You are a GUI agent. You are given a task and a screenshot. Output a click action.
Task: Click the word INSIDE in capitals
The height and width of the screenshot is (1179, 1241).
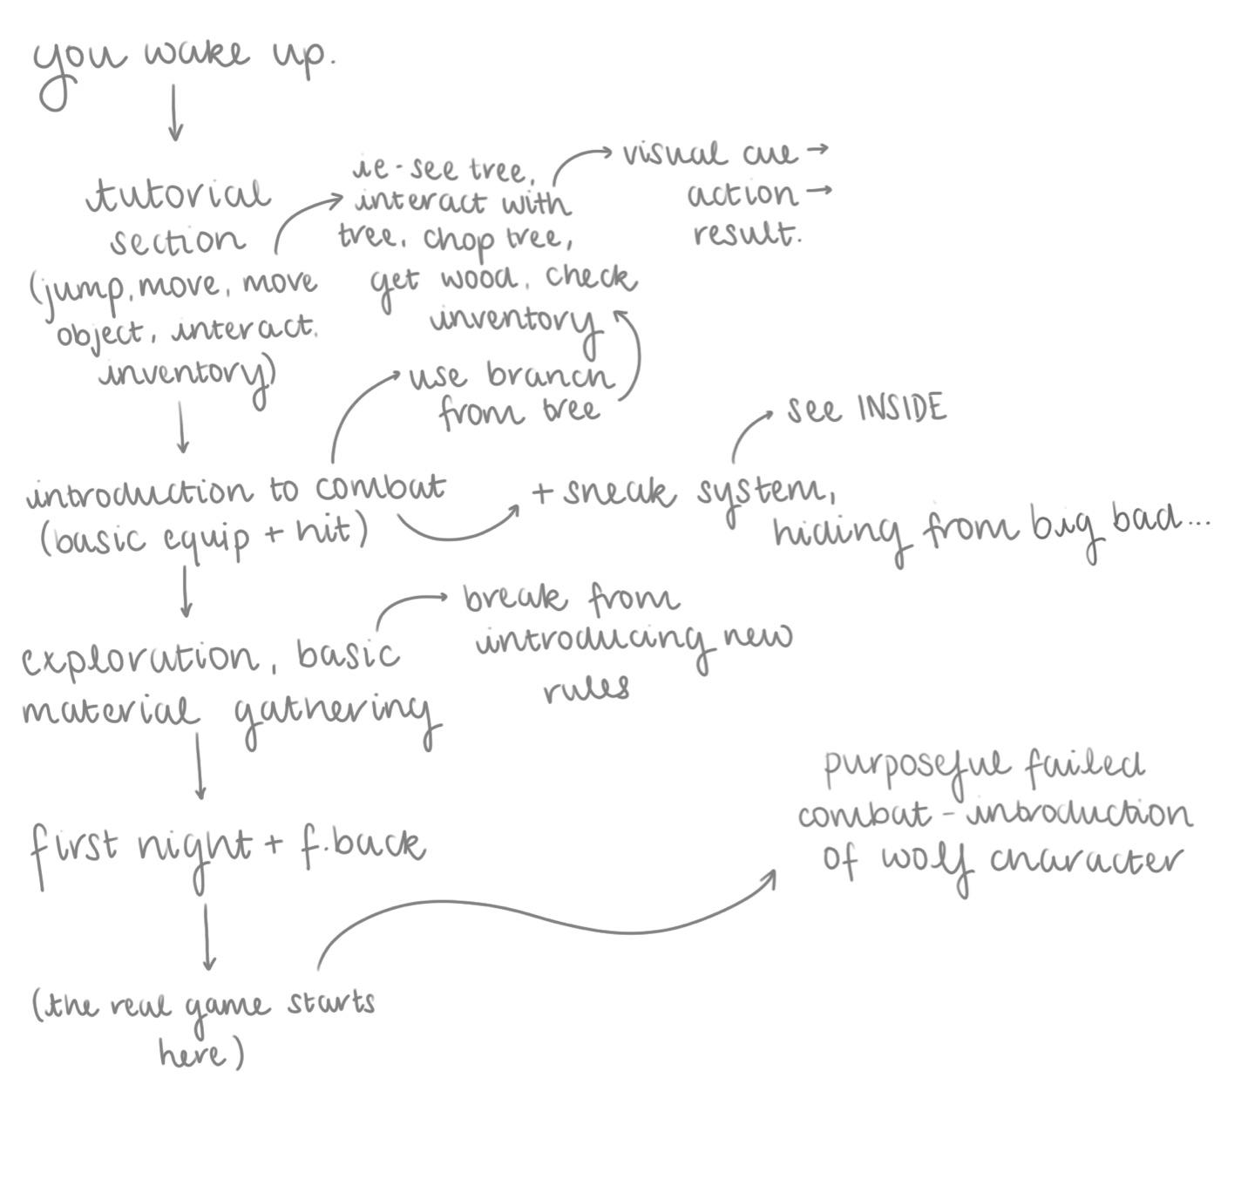(902, 408)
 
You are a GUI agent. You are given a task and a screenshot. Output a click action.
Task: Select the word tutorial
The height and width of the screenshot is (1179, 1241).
(179, 195)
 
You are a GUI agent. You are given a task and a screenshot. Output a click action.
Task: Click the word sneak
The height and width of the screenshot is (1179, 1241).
(619, 492)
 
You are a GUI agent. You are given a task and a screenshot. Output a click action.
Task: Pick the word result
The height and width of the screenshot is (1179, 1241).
(746, 234)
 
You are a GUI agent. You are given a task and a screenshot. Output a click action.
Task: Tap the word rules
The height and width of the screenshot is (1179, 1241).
(587, 689)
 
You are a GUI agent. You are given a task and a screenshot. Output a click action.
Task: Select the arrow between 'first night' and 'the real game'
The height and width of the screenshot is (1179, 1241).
(207, 937)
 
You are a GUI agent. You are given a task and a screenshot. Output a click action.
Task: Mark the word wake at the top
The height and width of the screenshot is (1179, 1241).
(197, 54)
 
